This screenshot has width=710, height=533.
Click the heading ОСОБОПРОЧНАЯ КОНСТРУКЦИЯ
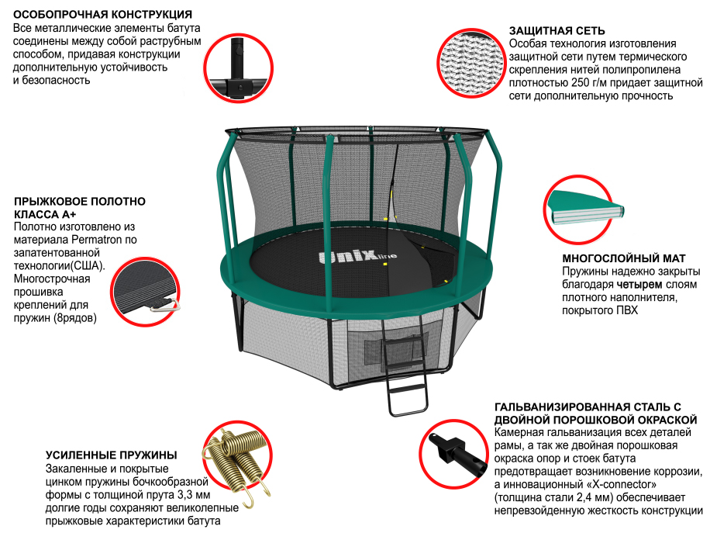(103, 15)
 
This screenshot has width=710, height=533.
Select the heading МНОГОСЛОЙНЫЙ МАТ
(624, 258)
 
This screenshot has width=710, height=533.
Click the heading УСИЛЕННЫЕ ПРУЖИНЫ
(112, 455)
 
